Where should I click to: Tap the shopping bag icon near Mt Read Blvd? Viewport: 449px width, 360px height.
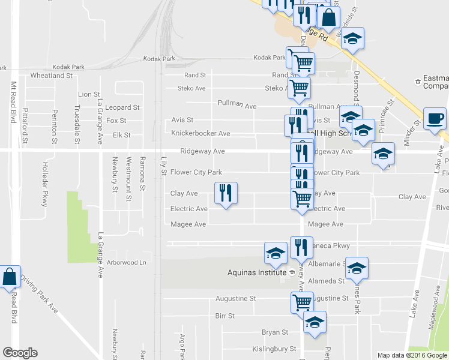pos(10,277)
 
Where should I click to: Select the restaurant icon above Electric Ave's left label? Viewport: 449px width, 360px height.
pos(226,193)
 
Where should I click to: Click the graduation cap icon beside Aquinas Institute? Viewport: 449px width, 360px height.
pos(276,252)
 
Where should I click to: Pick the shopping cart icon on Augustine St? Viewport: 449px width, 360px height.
pos(301,302)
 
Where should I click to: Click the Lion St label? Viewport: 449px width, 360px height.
pos(89,94)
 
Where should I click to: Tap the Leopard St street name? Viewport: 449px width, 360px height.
pos(122,107)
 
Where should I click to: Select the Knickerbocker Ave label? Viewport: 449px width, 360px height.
pos(200,133)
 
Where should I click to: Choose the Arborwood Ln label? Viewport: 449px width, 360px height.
pos(126,262)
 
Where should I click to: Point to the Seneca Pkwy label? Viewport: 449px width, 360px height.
pos(329,246)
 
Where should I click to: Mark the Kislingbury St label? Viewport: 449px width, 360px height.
pos(274,348)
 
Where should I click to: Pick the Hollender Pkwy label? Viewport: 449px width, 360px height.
pos(44,185)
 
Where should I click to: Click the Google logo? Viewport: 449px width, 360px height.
pos(20,353)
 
